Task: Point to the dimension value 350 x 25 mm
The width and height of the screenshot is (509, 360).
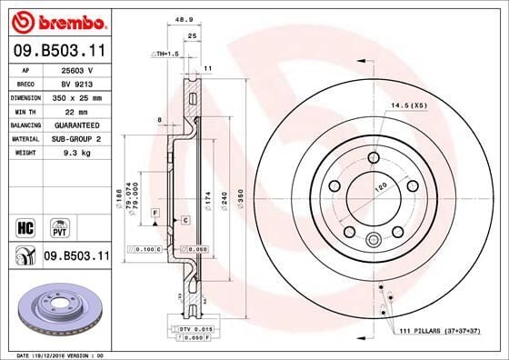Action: (x=80, y=96)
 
